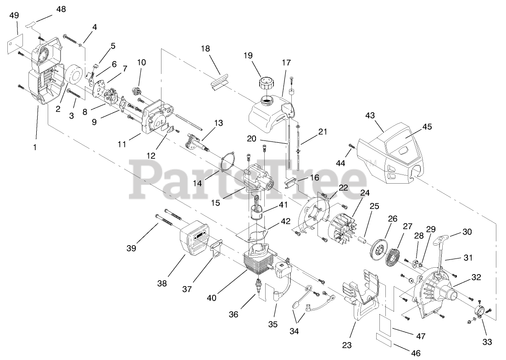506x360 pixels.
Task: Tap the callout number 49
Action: click(14, 15)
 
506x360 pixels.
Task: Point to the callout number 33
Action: click(487, 342)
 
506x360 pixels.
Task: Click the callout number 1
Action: click(34, 148)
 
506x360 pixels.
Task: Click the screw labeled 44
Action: click(351, 146)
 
